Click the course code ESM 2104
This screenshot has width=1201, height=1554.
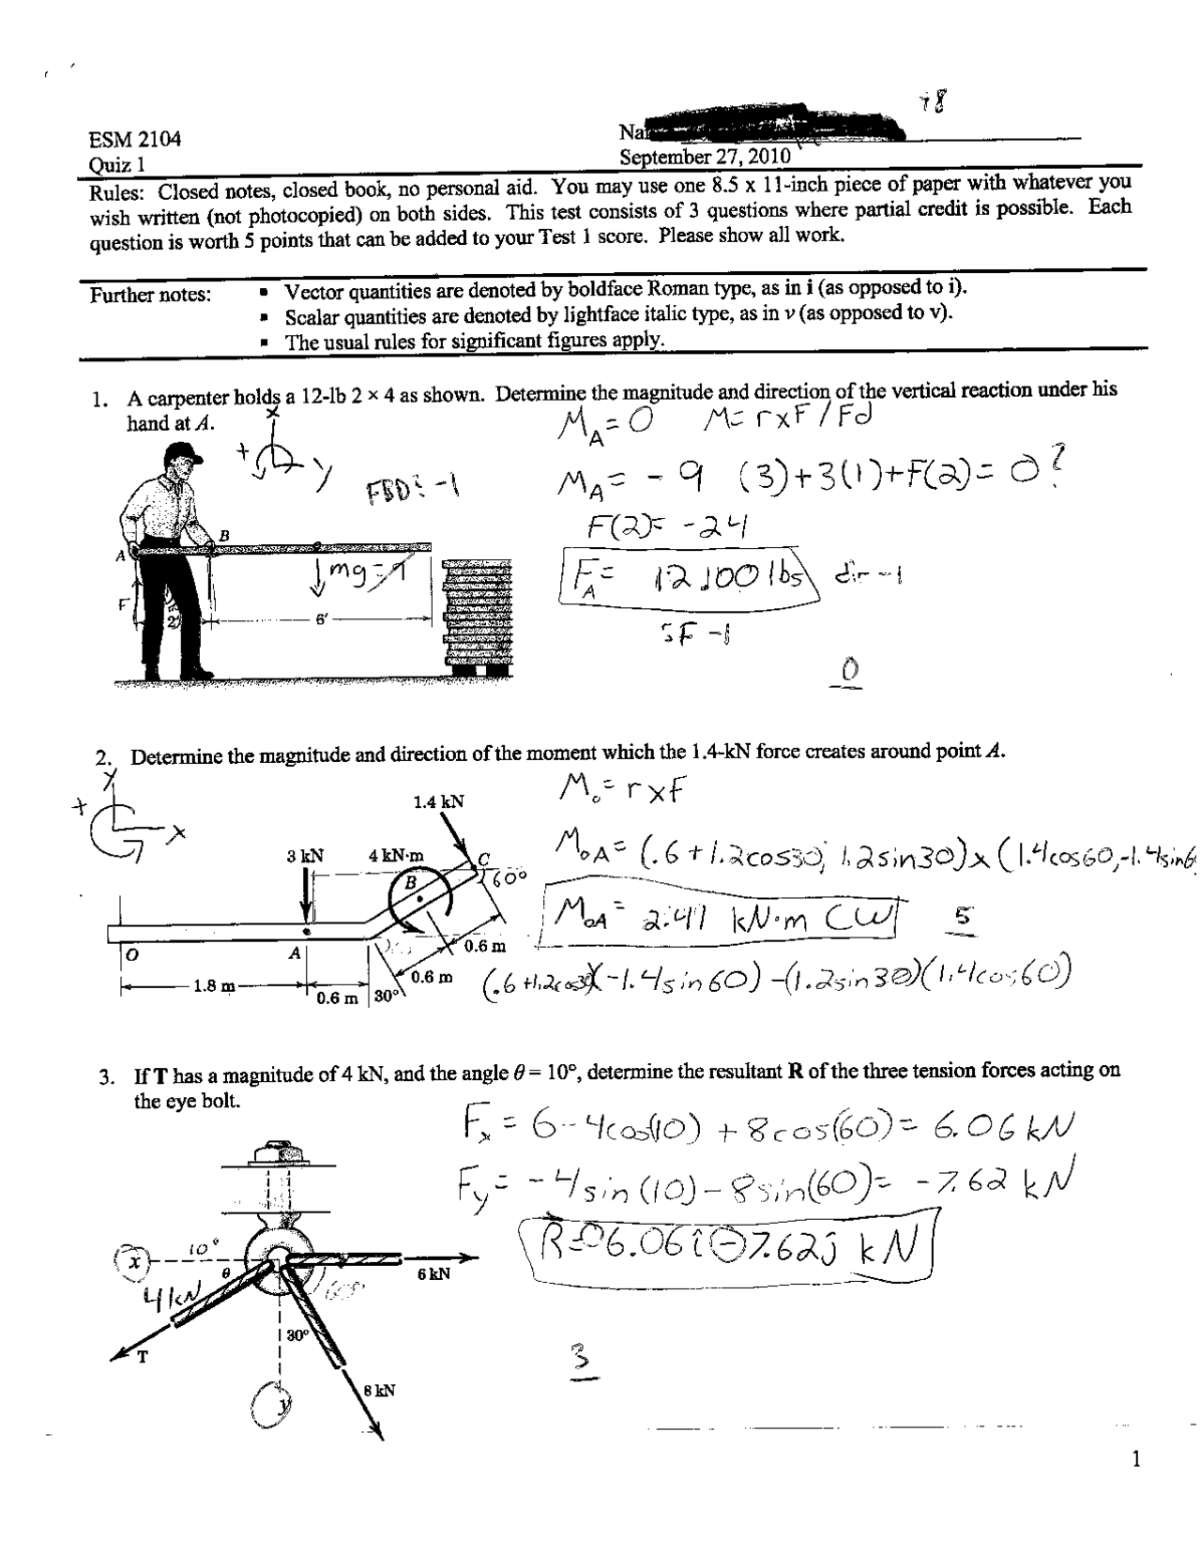click(x=134, y=141)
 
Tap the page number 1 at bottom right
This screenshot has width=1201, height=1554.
click(x=1136, y=1459)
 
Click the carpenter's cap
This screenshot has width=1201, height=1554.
click(x=181, y=455)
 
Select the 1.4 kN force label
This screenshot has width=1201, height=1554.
click(x=438, y=802)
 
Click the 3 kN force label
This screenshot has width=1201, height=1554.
click(x=305, y=856)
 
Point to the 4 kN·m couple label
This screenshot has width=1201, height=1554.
click(x=395, y=856)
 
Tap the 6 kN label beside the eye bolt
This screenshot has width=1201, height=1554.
click(x=433, y=1274)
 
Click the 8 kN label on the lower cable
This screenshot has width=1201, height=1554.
click(x=378, y=1391)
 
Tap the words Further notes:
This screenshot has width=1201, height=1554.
click(x=150, y=296)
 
